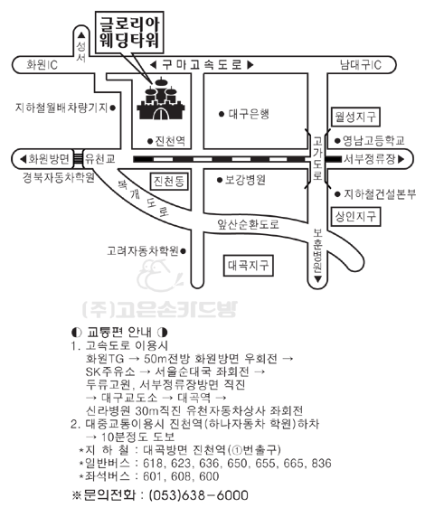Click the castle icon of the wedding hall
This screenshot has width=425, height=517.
coord(161,99)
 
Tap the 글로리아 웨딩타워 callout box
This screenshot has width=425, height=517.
coord(129,33)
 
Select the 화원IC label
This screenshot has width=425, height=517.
coord(42,65)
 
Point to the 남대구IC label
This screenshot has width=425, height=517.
coord(361,65)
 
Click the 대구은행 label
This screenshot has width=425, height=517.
coord(249,114)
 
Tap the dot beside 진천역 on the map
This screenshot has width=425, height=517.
coord(150,141)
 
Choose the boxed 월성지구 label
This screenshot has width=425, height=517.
coord(355,117)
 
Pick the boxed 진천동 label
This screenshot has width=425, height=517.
coord(168,181)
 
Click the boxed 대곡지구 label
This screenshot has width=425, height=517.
coord(248,266)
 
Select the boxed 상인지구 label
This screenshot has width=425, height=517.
coord(355,217)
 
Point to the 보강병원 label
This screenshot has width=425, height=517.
coord(245,180)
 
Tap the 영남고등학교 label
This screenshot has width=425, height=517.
coord(373,141)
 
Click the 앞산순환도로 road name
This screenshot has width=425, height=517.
coord(248,224)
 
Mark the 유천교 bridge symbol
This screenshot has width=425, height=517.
coord(78,159)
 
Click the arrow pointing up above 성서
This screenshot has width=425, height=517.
coord(81,35)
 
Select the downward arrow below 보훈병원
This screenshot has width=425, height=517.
coord(317,279)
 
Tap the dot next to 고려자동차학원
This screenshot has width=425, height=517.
coord(184,251)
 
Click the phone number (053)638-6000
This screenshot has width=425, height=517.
coord(199,495)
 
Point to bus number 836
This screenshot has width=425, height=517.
coord(321,464)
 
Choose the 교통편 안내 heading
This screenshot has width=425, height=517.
coord(119,332)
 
